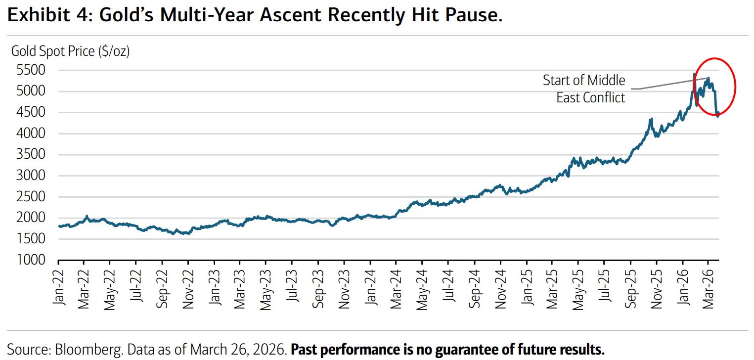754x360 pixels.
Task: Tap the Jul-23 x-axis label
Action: click(x=292, y=289)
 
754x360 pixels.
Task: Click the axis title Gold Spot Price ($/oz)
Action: click(x=70, y=51)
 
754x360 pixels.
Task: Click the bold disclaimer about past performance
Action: click(x=447, y=350)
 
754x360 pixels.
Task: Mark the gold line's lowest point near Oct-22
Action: click(x=173, y=234)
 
